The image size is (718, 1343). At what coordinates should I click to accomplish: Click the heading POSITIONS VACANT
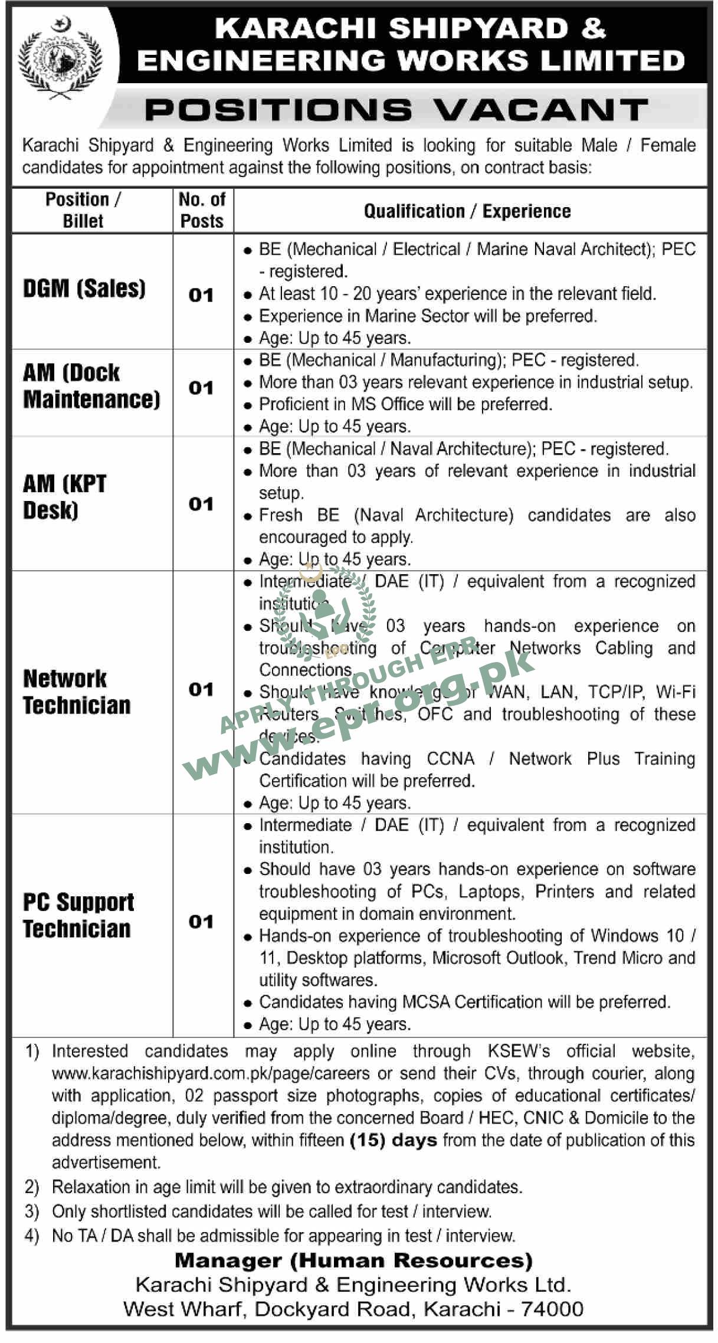tap(396, 110)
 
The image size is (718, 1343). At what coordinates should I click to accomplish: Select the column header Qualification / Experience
tap(467, 211)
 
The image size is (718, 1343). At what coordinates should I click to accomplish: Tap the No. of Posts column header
tap(202, 210)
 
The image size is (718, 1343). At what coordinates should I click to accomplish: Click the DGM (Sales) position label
tap(84, 289)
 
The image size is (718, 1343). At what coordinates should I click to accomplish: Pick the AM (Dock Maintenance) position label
tap(91, 386)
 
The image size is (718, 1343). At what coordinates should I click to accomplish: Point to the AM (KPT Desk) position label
tap(65, 497)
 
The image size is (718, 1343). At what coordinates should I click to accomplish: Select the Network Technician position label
tap(77, 692)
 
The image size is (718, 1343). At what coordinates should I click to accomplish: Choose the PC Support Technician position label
tap(78, 915)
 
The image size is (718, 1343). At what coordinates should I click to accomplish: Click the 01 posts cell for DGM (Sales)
tap(201, 295)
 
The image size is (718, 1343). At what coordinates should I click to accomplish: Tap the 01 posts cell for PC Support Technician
tap(201, 922)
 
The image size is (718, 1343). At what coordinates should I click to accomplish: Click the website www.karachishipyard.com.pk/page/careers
tap(211, 1073)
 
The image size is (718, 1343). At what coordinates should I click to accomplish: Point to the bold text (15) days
tap(394, 1139)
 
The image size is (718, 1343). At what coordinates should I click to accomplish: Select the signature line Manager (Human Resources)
tap(354, 1261)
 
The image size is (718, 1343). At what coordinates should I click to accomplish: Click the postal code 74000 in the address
tap(553, 1309)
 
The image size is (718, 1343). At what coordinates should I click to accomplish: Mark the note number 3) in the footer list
tap(32, 1211)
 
